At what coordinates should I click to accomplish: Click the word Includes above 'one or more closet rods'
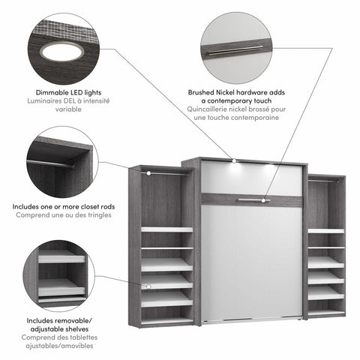(28, 205)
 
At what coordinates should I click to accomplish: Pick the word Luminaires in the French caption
(43, 100)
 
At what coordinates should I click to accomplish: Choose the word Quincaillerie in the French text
(209, 109)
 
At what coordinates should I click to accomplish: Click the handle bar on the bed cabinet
(250, 200)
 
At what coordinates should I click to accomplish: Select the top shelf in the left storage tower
(166, 229)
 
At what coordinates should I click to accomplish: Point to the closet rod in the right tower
(325, 181)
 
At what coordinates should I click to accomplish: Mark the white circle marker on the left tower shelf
(148, 286)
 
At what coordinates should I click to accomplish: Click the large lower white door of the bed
(251, 262)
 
